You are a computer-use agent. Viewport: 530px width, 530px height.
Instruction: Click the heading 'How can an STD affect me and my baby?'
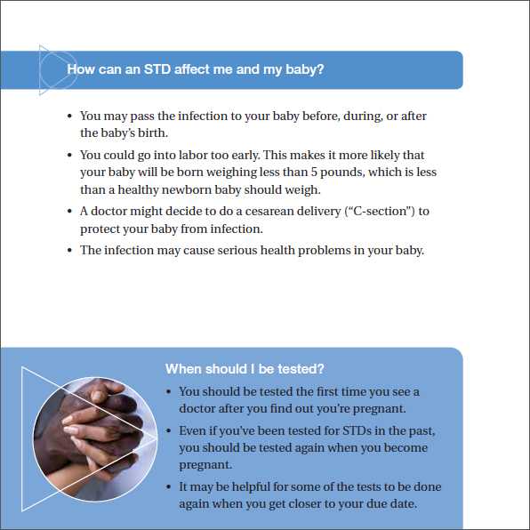point(196,69)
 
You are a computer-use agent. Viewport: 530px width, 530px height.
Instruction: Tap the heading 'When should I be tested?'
point(245,369)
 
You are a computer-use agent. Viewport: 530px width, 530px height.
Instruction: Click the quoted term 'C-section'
point(386,212)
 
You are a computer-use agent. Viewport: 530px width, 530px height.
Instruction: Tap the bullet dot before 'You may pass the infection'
point(70,116)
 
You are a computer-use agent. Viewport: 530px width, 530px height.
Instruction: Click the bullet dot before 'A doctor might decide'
point(70,212)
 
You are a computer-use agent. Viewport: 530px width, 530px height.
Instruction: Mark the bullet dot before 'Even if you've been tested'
point(169,431)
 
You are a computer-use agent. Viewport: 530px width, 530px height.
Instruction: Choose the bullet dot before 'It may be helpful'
point(169,487)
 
